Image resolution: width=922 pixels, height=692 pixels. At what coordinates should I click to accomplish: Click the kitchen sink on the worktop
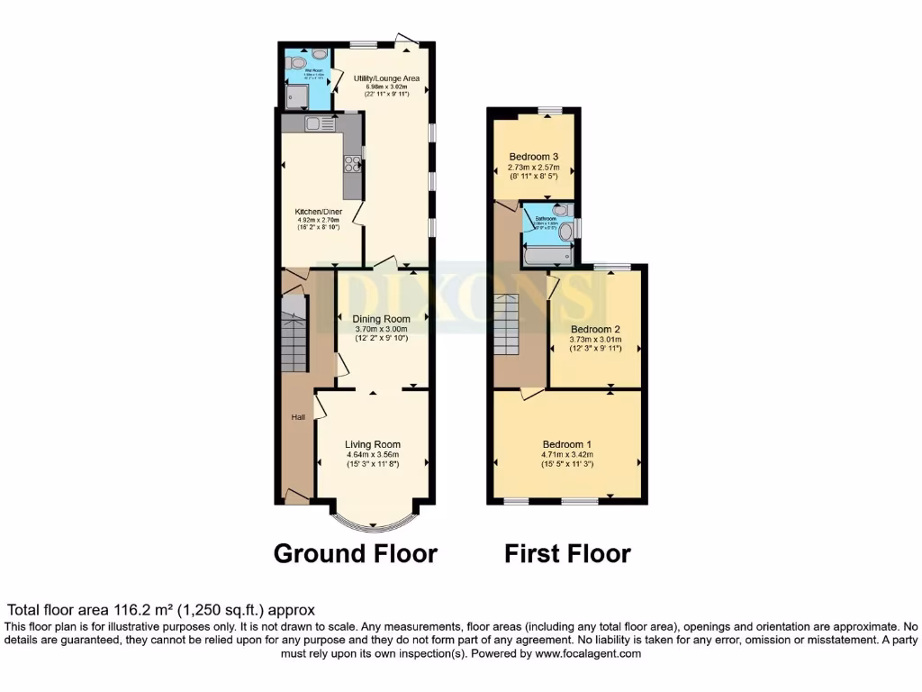[x=313, y=123]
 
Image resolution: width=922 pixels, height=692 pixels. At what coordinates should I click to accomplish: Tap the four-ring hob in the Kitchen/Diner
[x=353, y=164]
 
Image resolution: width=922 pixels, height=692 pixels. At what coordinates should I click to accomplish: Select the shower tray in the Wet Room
[x=295, y=95]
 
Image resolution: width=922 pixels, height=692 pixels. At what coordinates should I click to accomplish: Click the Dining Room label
[x=381, y=319]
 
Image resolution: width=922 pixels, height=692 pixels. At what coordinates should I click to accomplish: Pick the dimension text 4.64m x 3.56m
[x=373, y=455]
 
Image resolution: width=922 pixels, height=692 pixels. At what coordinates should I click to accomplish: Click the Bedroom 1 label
[x=566, y=444]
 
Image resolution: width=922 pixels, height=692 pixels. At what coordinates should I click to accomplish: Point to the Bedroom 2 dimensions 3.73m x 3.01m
[x=595, y=340]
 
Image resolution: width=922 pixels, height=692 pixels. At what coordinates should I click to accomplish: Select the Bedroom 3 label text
[x=534, y=156]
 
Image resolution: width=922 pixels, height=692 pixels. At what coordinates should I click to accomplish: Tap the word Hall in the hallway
[x=297, y=417]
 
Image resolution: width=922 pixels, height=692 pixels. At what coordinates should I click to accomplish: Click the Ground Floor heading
[x=355, y=553]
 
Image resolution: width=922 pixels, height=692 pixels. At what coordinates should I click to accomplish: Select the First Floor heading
[x=567, y=553]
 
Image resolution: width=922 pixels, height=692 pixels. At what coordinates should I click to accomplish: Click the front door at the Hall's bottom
[x=294, y=494]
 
